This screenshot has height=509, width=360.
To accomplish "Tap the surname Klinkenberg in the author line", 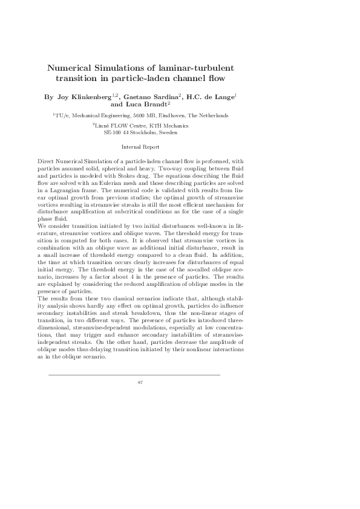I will pyautogui.click(x=97, y=96).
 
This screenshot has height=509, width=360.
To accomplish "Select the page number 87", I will pyautogui.click(x=140, y=383).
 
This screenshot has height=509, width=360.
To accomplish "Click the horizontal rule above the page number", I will pyautogui.click(x=134, y=375).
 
